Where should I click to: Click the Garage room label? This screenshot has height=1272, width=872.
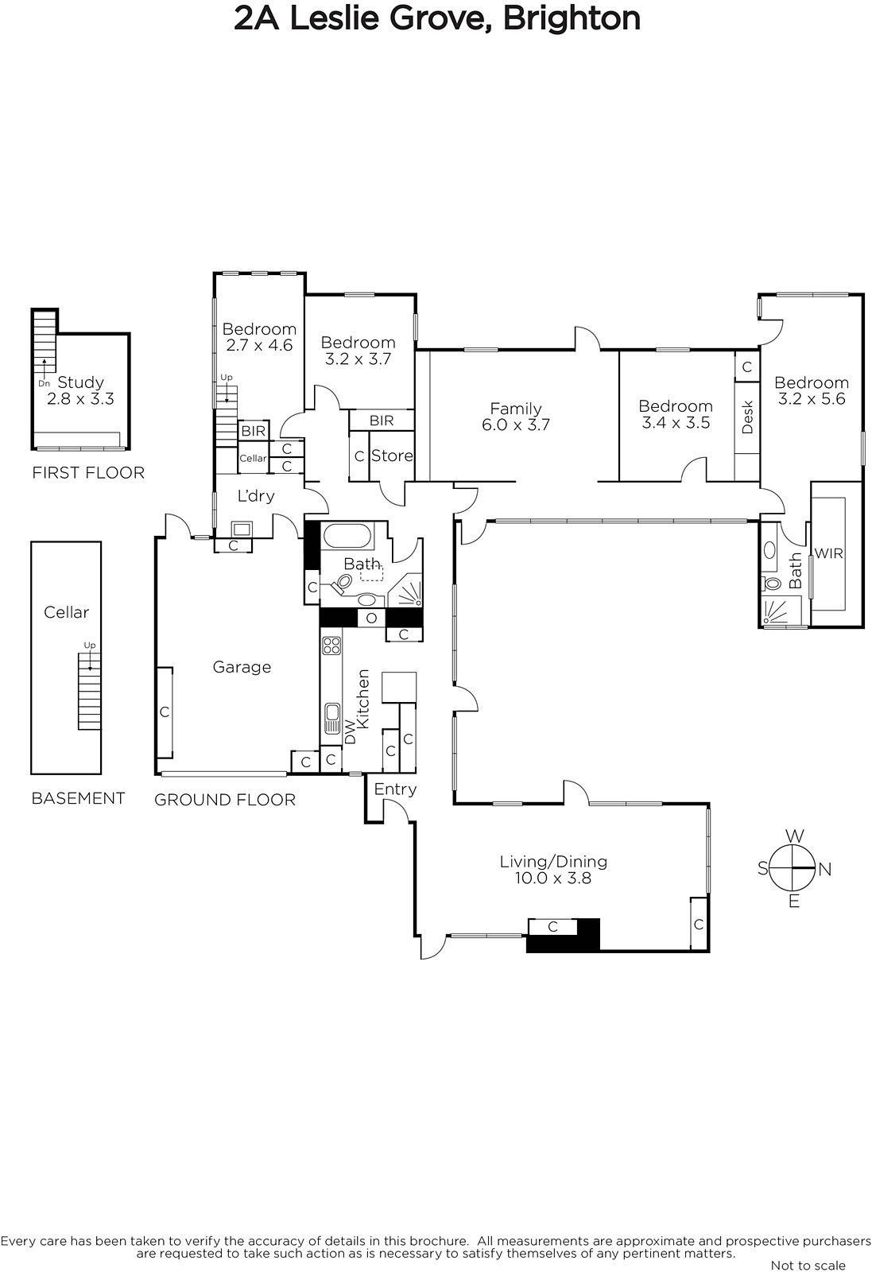coord(242,667)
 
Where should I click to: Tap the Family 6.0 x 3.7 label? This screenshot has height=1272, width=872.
coord(516,417)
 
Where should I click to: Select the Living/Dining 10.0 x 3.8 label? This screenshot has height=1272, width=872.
coord(553,870)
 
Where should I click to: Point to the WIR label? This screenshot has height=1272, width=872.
coord(829,553)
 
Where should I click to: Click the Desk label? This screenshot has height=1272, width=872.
coord(747,417)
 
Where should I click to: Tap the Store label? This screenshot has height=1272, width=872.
coord(392,456)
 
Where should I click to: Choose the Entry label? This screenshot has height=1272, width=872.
coord(395,789)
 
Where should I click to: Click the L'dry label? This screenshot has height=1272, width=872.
coord(256,496)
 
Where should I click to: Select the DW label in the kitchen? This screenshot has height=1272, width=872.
coord(351,732)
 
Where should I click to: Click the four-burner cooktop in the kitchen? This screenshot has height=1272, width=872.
coord(331,646)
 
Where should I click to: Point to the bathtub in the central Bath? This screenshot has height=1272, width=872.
coord(347,536)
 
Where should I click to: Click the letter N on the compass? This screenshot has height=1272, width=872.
coord(825,870)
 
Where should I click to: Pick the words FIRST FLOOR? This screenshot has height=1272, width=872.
coord(88,472)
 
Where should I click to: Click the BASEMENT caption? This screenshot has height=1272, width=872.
coord(79,798)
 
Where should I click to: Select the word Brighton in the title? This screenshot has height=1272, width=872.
coord(572,19)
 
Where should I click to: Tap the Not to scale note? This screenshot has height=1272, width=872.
coord(808,1265)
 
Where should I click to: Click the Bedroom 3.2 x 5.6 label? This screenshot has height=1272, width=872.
coord(812,390)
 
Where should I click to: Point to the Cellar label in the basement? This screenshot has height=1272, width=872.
coord(67,612)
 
